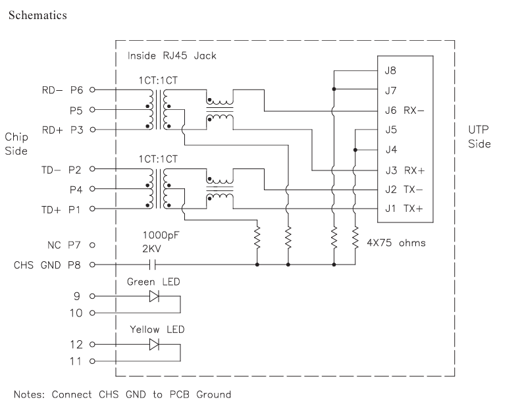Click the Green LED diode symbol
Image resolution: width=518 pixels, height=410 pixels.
pyautogui.click(x=154, y=296)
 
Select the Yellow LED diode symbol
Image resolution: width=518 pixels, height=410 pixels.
pyautogui.click(x=154, y=345)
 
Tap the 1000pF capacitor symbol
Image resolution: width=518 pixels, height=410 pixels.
pyautogui.click(x=152, y=265)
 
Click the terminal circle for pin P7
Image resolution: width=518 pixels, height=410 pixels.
pyautogui.click(x=93, y=245)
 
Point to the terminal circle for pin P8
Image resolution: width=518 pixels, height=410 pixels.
pyautogui.click(x=93, y=265)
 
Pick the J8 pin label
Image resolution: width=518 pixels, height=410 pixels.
pyautogui.click(x=390, y=70)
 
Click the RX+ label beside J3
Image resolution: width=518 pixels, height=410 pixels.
pyautogui.click(x=414, y=170)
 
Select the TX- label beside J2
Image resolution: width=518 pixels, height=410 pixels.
pyautogui.click(x=413, y=190)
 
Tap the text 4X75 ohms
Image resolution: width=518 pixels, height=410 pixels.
pyautogui.click(x=396, y=243)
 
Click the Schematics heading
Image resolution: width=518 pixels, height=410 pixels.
pyautogui.click(x=38, y=15)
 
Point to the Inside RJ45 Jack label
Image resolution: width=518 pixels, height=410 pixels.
pyautogui.click(x=172, y=55)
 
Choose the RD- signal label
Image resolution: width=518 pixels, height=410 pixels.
pyautogui.click(x=52, y=90)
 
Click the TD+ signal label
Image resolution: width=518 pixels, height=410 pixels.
pyautogui.click(x=51, y=210)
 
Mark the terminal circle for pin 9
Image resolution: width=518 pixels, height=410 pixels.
pyautogui.click(x=93, y=296)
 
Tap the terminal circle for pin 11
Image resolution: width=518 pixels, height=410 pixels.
pyautogui.click(x=93, y=361)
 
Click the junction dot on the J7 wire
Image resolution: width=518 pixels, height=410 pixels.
pyautogui.click(x=334, y=90)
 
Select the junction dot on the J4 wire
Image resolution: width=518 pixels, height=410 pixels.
pyautogui.click(x=355, y=150)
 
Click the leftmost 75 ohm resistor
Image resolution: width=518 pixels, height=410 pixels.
pyautogui.click(x=257, y=237)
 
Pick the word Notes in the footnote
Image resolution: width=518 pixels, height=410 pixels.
pyautogui.click(x=29, y=394)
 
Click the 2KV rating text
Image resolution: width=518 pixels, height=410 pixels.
pyautogui.click(x=151, y=249)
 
